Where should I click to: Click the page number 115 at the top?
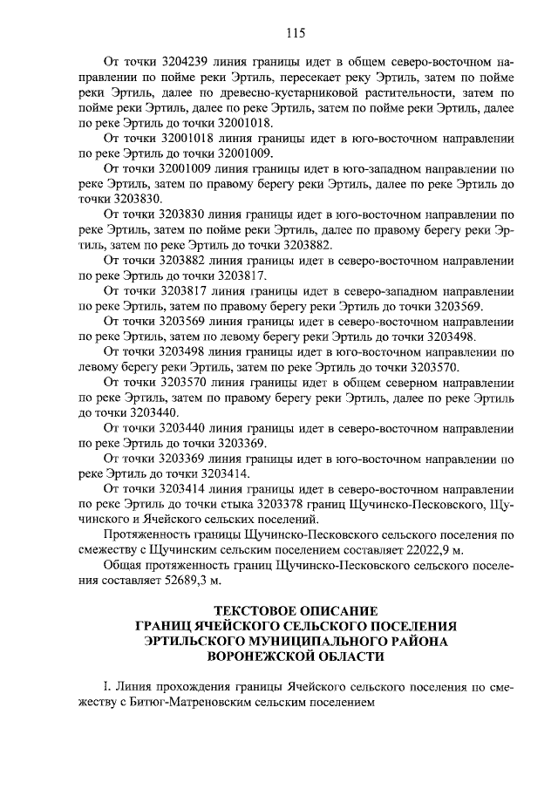(293, 33)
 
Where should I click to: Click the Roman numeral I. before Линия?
(106, 687)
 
